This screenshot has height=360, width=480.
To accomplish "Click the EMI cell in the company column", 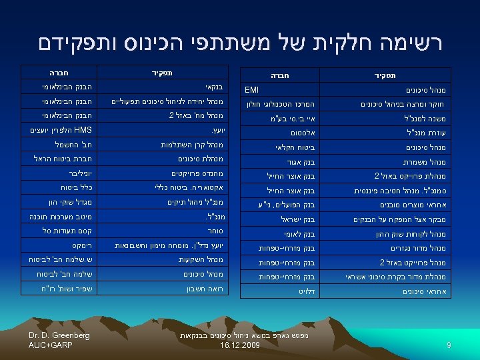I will [x=252, y=89].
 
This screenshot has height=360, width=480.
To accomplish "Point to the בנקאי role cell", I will [x=213, y=87].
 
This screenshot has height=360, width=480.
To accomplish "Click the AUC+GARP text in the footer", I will [x=51, y=345].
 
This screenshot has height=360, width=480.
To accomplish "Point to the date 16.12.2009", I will [x=239, y=346].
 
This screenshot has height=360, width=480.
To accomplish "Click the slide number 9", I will [x=449, y=345].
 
